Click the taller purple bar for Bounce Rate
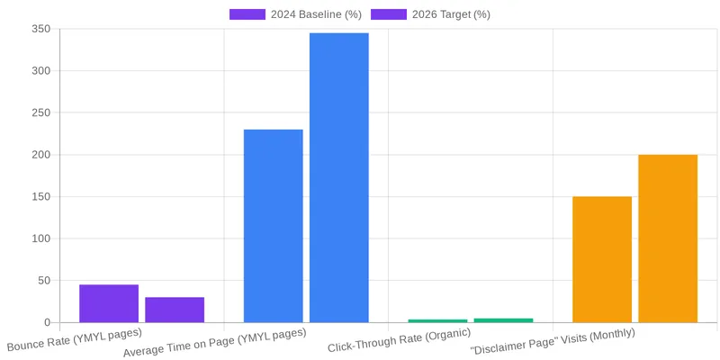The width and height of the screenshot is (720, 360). [x=109, y=303]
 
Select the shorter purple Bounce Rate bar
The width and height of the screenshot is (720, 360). [x=175, y=310]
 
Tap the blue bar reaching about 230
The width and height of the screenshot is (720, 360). [x=273, y=226]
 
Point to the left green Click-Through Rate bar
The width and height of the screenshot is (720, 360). [x=437, y=320]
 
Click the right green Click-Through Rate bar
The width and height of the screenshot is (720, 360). [x=503, y=319]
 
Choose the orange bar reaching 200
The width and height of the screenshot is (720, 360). [x=668, y=238]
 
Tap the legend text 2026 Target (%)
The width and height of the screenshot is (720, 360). [x=451, y=14]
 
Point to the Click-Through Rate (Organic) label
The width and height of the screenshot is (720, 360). [x=399, y=340]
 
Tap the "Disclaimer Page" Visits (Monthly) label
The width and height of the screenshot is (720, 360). [x=552, y=340]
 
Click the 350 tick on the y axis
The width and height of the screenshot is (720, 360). [x=40, y=30]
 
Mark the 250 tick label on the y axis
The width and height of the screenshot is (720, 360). [x=40, y=113]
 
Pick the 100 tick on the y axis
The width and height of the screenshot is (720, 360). [x=40, y=238]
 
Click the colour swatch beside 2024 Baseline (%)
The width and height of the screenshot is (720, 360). [x=247, y=14]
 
